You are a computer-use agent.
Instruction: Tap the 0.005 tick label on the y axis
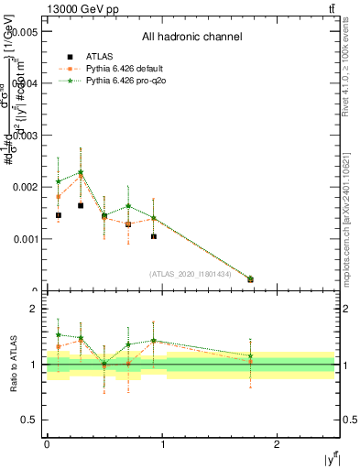point(23,30)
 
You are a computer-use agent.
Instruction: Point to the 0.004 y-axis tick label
point(23,82)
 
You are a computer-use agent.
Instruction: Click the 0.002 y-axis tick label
point(23,187)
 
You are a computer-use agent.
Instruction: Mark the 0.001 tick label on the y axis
point(23,239)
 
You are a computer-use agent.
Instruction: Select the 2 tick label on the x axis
point(280,442)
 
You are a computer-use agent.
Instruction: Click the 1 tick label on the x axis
point(163,442)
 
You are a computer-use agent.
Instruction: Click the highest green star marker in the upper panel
point(81,172)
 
